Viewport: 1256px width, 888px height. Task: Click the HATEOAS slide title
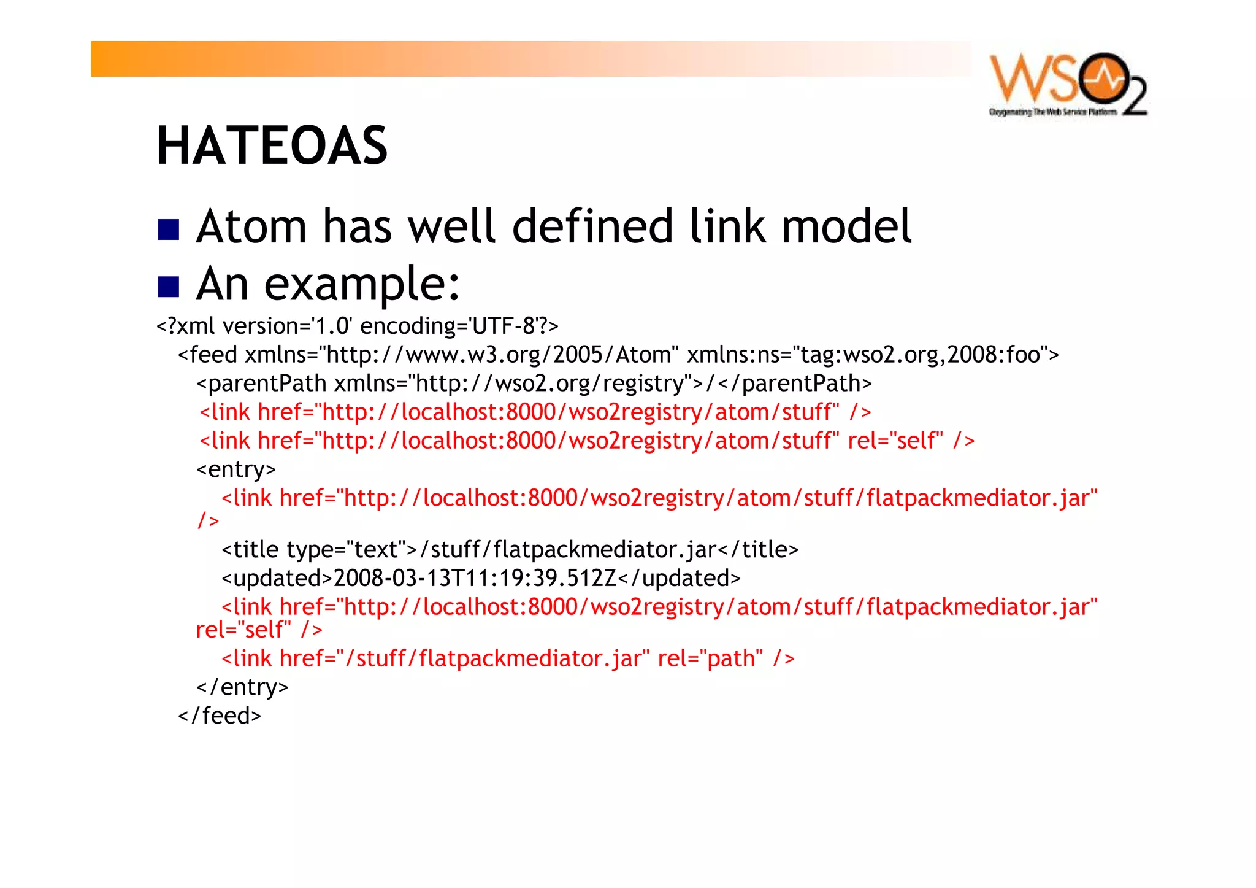[x=272, y=145]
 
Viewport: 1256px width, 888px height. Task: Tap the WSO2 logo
[x=1068, y=85]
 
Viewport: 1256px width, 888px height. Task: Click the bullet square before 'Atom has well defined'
[x=168, y=229]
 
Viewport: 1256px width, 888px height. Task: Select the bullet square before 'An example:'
[x=168, y=286]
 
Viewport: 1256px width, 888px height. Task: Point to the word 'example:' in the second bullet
[x=362, y=285]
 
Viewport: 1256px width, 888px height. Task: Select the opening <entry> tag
[x=236, y=469]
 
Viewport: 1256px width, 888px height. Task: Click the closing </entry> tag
[x=242, y=687]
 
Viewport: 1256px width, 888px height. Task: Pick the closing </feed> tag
[x=220, y=716]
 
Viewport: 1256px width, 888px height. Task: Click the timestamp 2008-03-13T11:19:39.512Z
[x=475, y=578]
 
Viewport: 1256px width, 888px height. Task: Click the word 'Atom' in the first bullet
[x=251, y=226]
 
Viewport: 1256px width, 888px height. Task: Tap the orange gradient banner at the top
[x=530, y=59]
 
